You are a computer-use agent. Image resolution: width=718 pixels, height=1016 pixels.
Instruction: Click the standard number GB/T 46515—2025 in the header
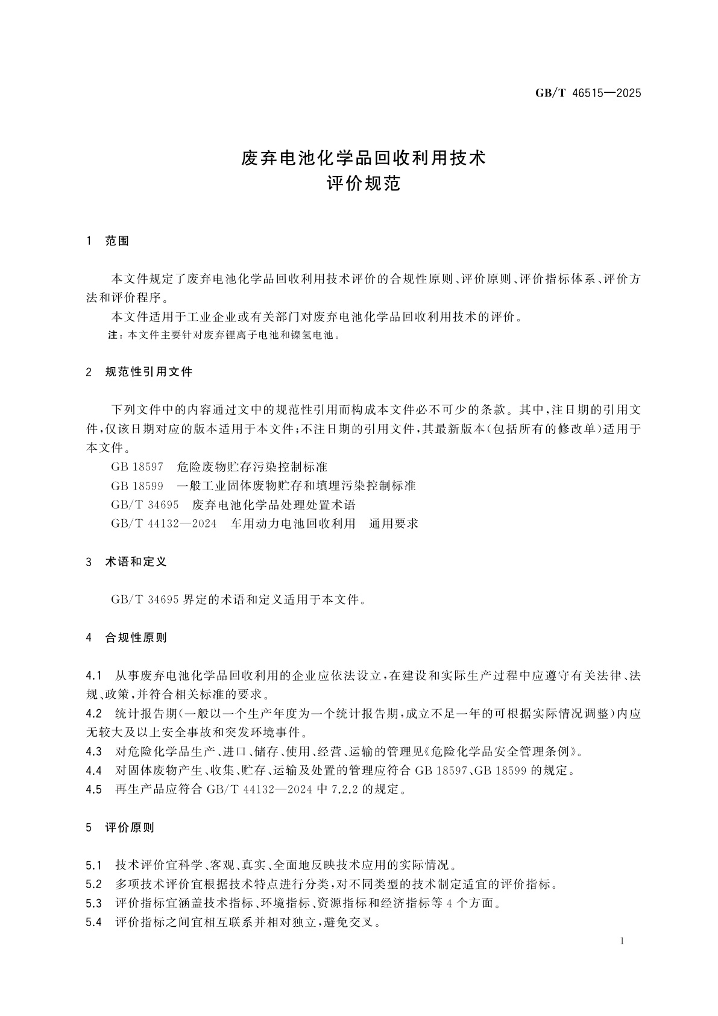coord(588,93)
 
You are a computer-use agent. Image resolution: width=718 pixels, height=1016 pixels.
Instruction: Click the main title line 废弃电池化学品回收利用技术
coord(364,159)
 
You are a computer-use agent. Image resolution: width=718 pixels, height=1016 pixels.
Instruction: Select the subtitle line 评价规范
coord(364,183)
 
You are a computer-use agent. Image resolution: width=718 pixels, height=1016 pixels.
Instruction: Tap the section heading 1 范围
coord(108,241)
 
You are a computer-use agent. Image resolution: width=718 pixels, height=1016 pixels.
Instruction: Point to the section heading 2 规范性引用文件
coord(139,372)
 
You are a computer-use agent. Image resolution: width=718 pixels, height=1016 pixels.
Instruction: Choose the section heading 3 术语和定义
coord(127,562)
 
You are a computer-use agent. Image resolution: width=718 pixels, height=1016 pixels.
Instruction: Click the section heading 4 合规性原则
coord(127,637)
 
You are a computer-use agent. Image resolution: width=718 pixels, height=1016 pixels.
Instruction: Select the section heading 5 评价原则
coord(121,828)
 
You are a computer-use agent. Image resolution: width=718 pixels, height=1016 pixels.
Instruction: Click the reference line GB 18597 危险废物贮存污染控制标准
coord(219,467)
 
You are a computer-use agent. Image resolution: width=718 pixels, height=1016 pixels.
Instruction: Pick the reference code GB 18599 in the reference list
coord(137,486)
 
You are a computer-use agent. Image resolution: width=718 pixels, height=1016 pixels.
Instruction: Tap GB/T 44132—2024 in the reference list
coord(163,523)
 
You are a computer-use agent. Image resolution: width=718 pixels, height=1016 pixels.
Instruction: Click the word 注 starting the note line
coord(112,335)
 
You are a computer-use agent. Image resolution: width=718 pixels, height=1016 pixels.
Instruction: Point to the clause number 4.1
coord(93,675)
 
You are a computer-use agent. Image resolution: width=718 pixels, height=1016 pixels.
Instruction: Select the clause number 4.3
coord(93,751)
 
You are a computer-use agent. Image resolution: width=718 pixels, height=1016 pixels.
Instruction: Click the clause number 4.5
coord(93,789)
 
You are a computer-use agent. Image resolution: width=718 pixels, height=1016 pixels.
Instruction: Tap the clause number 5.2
coord(93,885)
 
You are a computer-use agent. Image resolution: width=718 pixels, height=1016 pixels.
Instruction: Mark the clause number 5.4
coord(93,923)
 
